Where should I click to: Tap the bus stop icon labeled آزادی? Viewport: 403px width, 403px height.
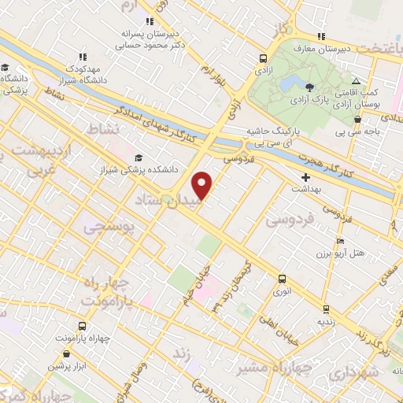pyautogui.click(x=263, y=57)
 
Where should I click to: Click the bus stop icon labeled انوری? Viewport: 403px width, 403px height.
pyautogui.click(x=281, y=279)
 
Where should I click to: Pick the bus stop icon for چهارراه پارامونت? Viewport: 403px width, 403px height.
pyautogui.click(x=82, y=325)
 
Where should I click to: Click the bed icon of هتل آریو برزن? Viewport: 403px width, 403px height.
pyautogui.click(x=340, y=241)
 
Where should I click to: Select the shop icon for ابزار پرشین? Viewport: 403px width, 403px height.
pyautogui.click(x=57, y=353)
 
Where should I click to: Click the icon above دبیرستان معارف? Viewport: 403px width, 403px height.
pyautogui.click(x=320, y=35)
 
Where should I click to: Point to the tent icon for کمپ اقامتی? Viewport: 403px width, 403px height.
pyautogui.click(x=356, y=81)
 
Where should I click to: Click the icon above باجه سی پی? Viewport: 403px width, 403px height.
pyautogui.click(x=358, y=120)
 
